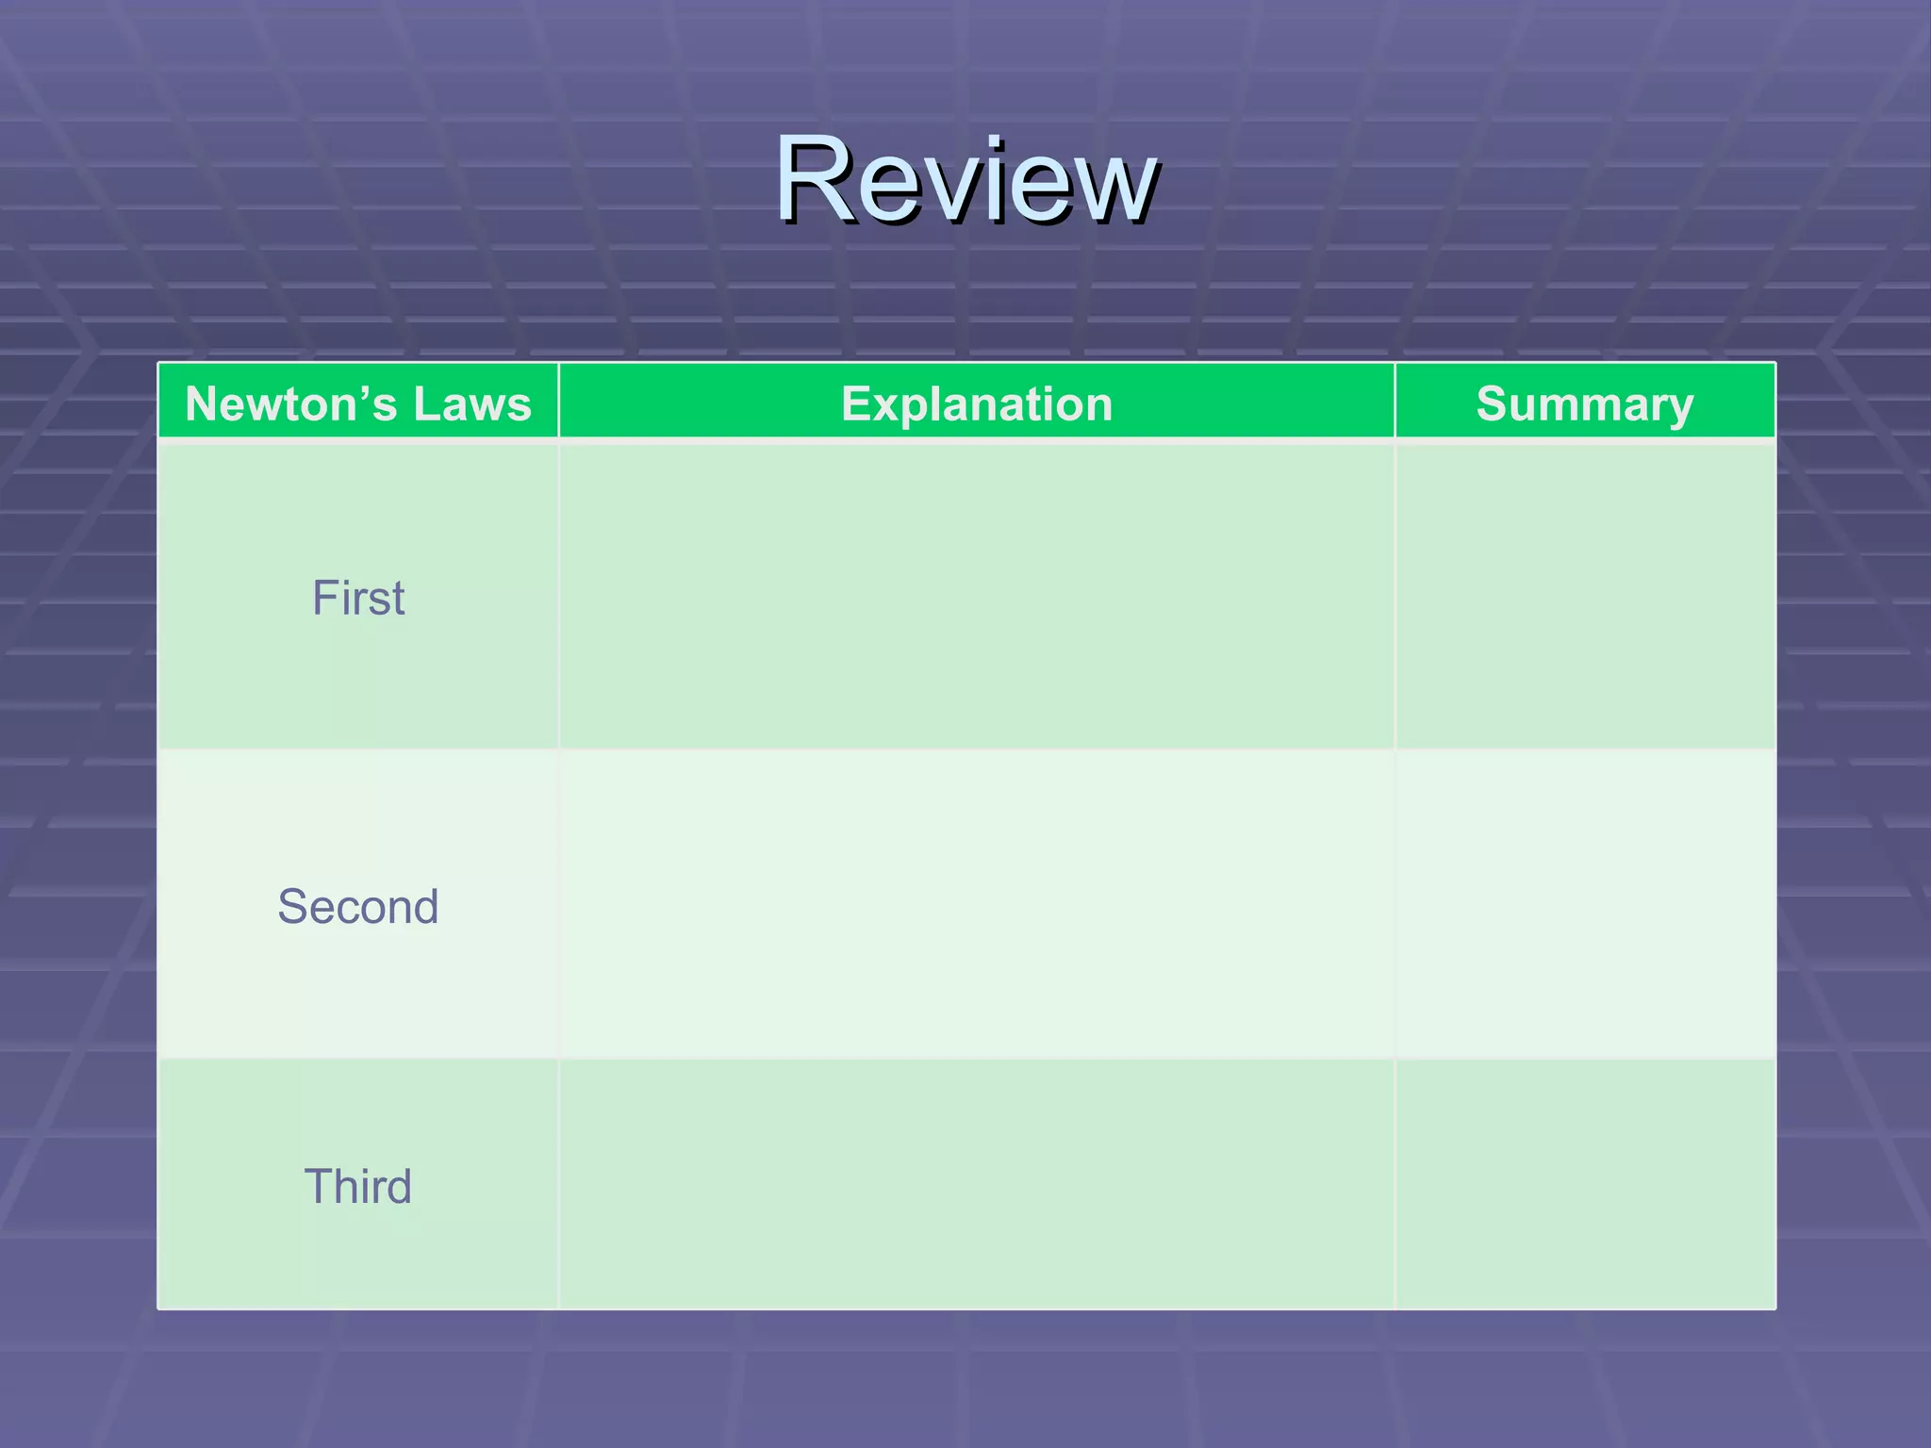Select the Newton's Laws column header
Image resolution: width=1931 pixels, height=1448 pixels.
point(358,403)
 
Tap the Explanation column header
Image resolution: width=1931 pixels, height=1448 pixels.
point(977,403)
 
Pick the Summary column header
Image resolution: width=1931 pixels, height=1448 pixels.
point(1585,403)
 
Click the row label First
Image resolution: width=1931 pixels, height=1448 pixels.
point(358,598)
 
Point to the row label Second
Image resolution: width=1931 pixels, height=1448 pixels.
point(358,907)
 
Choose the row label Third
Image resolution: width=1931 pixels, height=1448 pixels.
point(358,1186)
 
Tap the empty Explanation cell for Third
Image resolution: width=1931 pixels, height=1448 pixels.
point(977,1184)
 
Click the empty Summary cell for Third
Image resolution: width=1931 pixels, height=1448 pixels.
point(1585,1184)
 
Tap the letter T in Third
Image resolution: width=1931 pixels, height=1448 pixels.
point(319,1186)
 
